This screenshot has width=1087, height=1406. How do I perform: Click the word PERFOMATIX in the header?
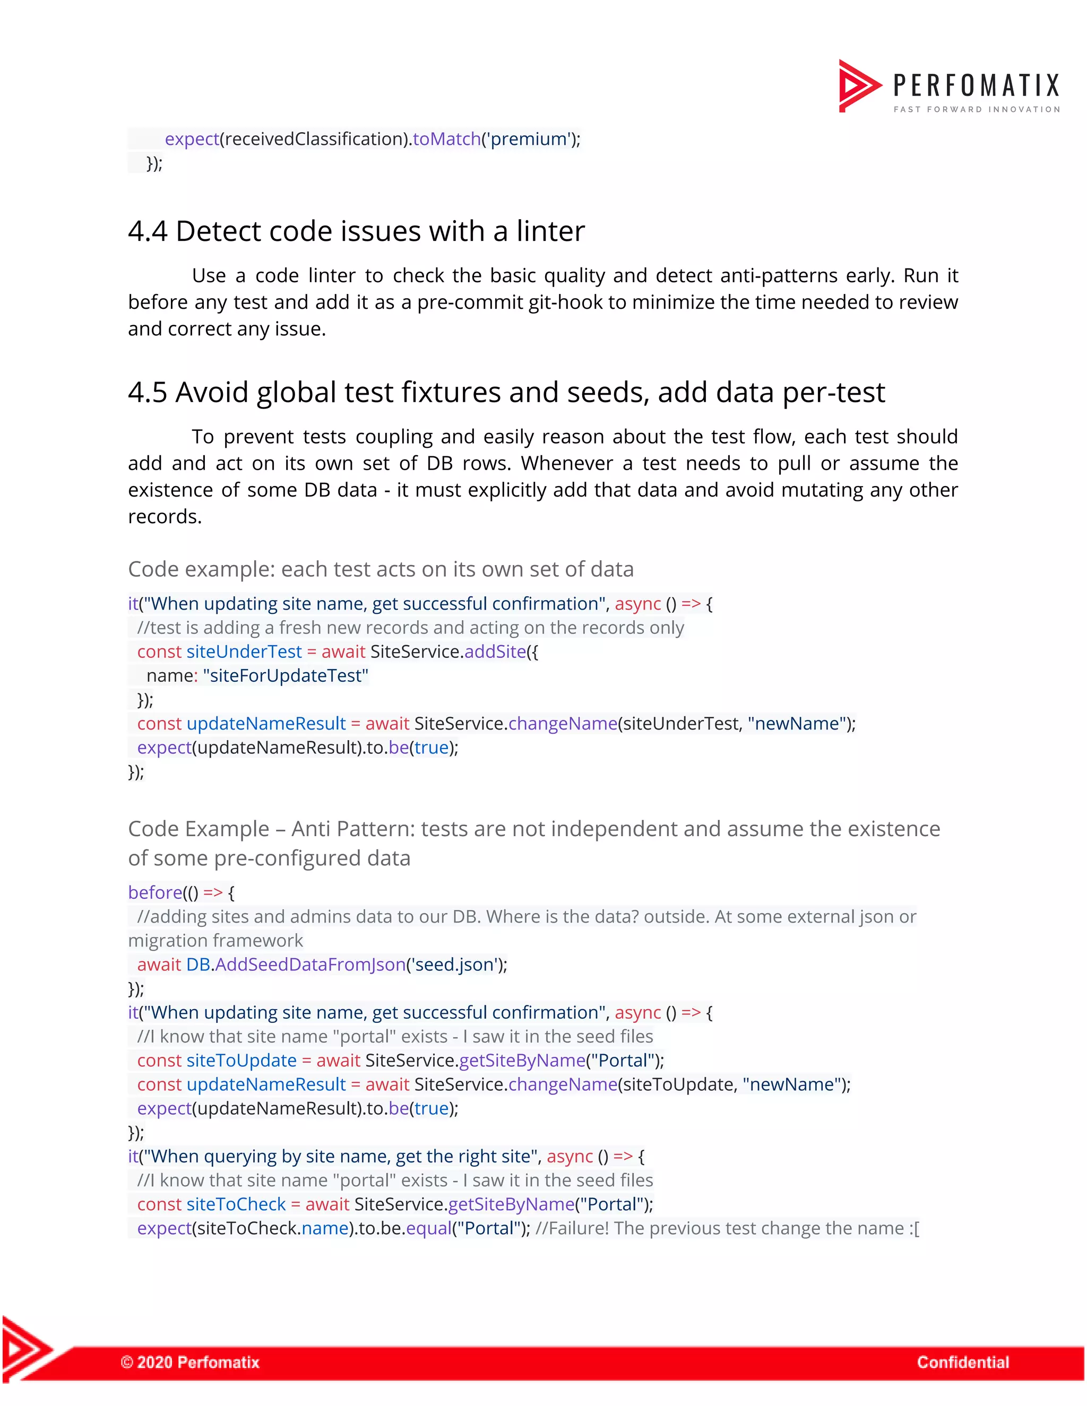976,85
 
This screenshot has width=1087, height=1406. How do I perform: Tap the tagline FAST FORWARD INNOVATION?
976,109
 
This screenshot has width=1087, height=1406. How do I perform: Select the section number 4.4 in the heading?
148,231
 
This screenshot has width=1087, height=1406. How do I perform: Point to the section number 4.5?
148,392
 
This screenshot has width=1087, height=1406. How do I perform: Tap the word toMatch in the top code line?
446,139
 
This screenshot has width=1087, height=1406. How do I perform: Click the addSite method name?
495,652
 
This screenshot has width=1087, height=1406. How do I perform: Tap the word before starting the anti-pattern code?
155,893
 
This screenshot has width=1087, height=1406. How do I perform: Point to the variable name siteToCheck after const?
236,1204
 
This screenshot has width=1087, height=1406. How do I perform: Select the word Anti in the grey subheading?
312,829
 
